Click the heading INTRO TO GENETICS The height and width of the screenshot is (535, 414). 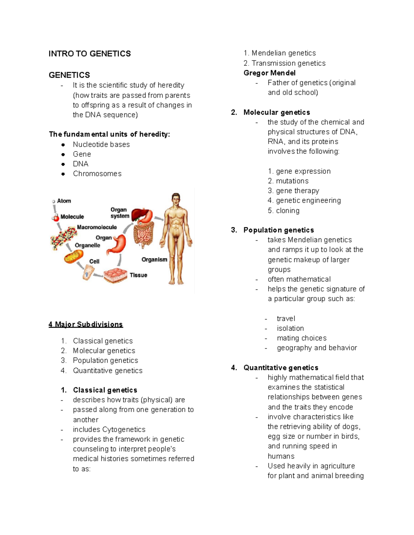pos(90,54)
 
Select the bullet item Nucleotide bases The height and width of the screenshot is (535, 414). pos(101,144)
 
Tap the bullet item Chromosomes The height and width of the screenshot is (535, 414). pos(97,174)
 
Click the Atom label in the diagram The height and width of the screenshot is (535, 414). pos(64,201)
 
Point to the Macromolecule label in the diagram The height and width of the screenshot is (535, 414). pos(97,227)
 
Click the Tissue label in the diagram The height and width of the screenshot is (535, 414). pos(138,275)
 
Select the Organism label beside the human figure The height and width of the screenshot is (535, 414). pos(154,259)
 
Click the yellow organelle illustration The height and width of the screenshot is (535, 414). pos(73,256)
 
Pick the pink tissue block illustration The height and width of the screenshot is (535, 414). pos(116,276)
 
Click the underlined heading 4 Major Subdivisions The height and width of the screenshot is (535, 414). pos(86,325)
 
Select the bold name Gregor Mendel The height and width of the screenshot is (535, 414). pos(269,73)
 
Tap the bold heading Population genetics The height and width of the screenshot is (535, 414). pos(278,230)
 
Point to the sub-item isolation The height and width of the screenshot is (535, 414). pos(290,328)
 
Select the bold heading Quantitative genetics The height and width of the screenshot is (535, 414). pos(281,368)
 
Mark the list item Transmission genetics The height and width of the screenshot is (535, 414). pos(288,63)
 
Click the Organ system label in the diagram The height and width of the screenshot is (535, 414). pos(119,213)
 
